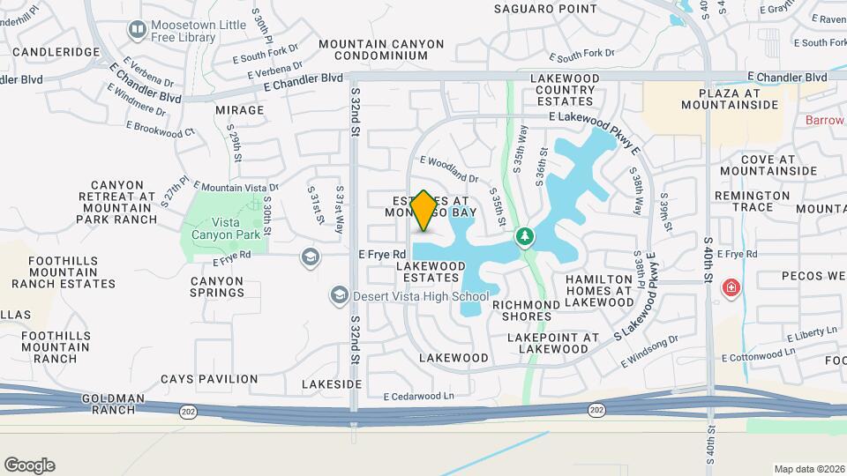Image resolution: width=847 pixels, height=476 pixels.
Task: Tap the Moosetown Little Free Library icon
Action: [137, 31]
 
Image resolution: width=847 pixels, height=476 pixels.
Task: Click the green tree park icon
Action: [525, 236]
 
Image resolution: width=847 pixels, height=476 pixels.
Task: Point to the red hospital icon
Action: [731, 286]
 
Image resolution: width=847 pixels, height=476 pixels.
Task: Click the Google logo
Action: [29, 465]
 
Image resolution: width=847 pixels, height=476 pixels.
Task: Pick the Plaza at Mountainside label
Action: [729, 99]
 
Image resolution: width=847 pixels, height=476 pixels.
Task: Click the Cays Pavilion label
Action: [209, 379]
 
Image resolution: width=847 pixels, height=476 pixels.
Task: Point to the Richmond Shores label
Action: [527, 310]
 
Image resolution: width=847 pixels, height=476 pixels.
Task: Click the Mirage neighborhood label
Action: [239, 110]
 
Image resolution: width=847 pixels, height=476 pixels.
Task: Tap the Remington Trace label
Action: [753, 201]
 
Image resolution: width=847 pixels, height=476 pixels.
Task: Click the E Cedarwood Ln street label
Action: [418, 397]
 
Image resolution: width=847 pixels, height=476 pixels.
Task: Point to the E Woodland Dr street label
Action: [449, 168]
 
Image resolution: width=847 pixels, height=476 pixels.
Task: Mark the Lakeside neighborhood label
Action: [332, 384]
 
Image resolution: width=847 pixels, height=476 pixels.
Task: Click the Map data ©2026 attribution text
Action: [808, 469]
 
